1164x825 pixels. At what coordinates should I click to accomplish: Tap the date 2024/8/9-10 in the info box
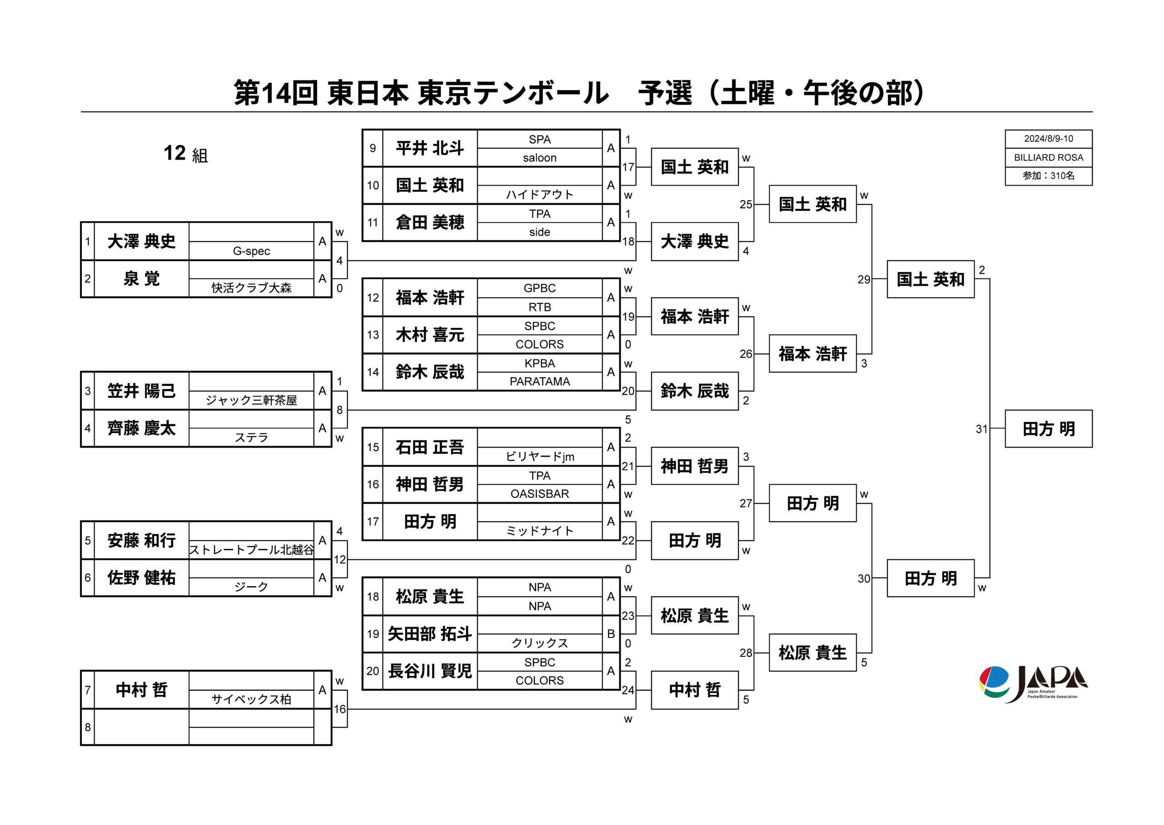(1048, 138)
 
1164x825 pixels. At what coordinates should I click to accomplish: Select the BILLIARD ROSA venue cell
(1048, 157)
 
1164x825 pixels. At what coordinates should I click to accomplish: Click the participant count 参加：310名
(1048, 176)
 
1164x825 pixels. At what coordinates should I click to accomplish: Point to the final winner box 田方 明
(1048, 429)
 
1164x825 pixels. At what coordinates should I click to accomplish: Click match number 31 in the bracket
(981, 429)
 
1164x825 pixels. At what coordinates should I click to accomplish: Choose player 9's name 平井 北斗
(430, 148)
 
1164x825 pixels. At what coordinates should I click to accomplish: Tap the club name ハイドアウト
(539, 195)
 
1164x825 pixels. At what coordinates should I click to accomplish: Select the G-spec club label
(251, 251)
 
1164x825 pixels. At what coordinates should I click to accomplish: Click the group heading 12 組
(186, 153)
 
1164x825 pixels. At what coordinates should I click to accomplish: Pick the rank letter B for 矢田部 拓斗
(611, 634)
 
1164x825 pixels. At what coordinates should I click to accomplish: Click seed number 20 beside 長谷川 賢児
(373, 671)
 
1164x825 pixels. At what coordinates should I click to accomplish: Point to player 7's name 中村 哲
(141, 690)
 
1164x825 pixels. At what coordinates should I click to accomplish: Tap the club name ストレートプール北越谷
(251, 550)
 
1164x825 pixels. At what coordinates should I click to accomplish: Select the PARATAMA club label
(539, 382)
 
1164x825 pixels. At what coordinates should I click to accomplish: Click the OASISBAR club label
(539, 494)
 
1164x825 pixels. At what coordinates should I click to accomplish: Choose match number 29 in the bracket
(863, 279)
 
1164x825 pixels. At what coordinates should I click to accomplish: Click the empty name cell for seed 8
(141, 727)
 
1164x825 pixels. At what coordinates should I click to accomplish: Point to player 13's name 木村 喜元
(430, 335)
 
